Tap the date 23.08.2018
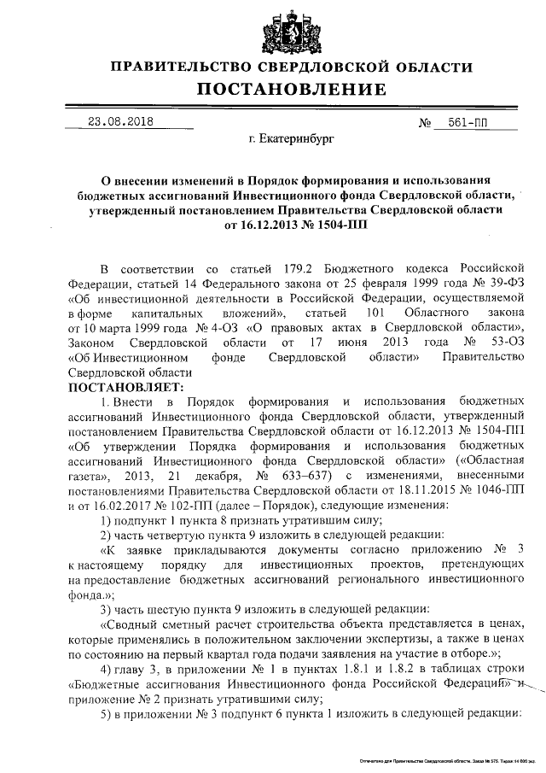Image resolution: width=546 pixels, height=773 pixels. coord(120,121)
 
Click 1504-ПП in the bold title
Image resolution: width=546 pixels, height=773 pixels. coord(331,226)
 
